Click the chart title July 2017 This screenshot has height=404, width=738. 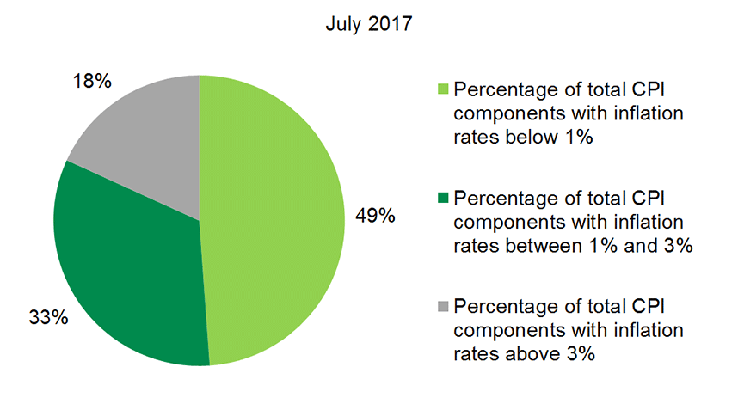point(369,24)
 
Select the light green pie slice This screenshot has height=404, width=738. point(275,215)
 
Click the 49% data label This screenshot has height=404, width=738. point(375,216)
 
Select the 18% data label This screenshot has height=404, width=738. point(92,83)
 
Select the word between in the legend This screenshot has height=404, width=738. point(535,246)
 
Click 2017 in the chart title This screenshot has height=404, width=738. point(391,24)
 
